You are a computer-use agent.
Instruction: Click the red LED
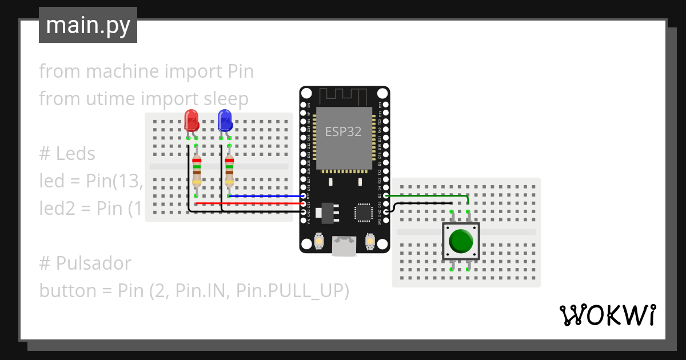(192, 121)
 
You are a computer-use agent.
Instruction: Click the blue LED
(225, 121)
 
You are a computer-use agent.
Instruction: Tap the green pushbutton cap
(461, 241)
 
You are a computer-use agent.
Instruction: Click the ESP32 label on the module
(344, 131)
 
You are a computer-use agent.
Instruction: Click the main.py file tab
(87, 25)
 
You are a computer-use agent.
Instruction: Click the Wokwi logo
(607, 315)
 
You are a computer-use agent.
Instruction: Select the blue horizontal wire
(266, 196)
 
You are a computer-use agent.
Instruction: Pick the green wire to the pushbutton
(429, 195)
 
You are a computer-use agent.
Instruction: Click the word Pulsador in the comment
(93, 263)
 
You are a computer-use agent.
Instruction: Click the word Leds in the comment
(75, 154)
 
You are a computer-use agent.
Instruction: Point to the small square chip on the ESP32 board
(363, 211)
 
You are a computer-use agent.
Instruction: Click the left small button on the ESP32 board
(318, 242)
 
